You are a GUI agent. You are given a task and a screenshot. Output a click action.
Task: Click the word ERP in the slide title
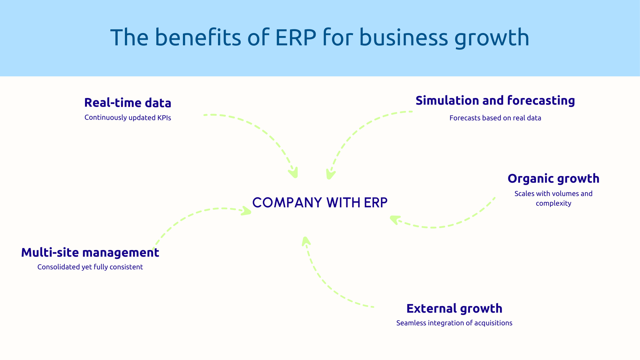point(296,37)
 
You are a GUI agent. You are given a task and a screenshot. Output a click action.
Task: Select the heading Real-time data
point(128,103)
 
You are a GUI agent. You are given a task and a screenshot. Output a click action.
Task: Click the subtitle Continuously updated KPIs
point(128,118)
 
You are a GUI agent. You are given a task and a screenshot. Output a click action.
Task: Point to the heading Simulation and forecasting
point(495,101)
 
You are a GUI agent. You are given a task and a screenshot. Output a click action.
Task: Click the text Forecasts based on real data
point(495,118)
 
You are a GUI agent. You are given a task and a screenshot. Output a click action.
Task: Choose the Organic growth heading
point(553,179)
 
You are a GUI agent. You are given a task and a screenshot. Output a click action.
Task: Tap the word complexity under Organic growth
point(553,203)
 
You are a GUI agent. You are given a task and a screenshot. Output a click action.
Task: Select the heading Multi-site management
point(90,253)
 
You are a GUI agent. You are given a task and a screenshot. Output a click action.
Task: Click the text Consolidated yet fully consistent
point(90,267)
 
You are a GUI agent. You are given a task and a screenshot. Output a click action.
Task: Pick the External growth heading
point(454,309)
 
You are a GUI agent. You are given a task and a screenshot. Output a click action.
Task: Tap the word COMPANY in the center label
point(287,203)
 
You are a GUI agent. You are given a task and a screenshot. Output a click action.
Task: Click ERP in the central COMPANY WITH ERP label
point(376,203)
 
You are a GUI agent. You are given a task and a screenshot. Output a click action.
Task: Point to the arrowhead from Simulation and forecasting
point(330,174)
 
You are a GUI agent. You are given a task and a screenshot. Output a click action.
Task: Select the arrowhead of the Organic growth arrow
point(395,219)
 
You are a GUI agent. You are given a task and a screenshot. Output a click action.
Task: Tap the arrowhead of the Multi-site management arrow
point(246,211)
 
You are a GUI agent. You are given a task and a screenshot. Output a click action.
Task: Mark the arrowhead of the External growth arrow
point(306,241)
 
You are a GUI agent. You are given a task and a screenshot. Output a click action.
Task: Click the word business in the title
point(404,37)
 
